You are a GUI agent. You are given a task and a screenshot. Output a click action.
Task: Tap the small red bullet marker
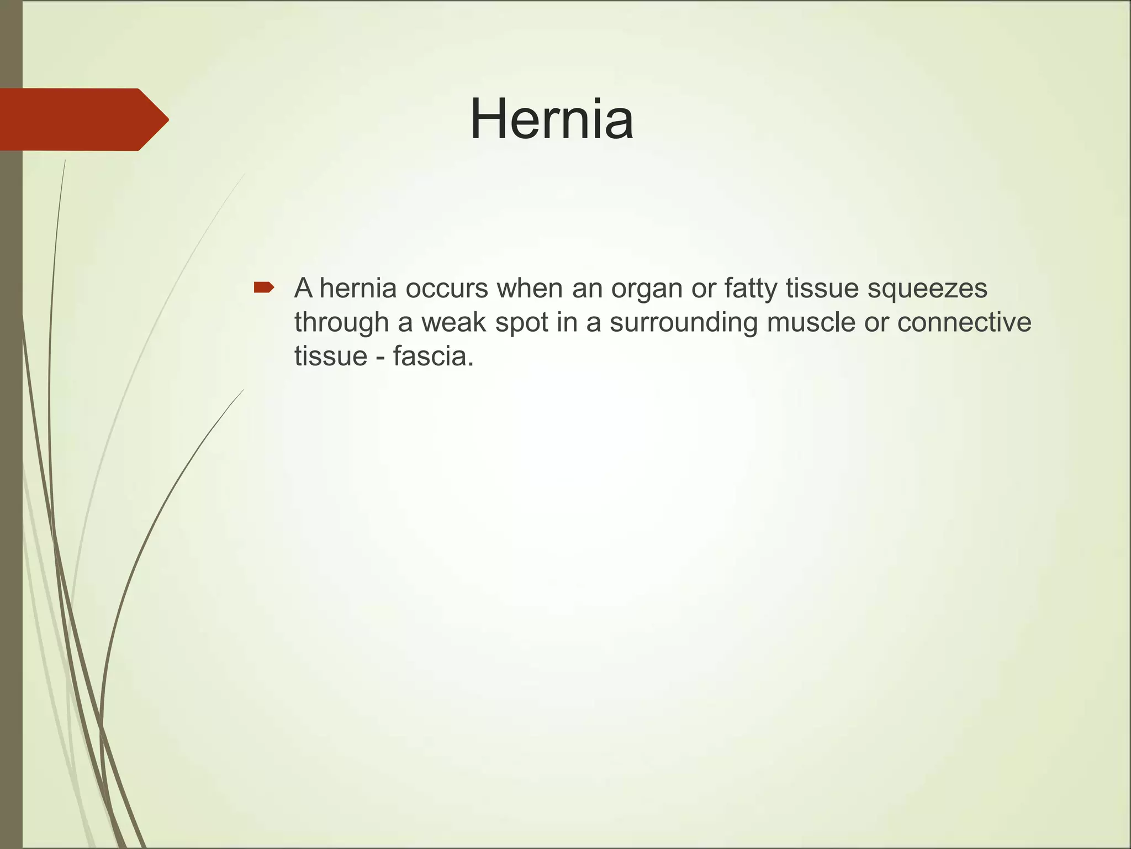263,287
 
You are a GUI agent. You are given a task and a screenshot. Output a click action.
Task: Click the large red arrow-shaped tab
83,119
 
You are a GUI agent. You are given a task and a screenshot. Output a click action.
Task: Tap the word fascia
434,356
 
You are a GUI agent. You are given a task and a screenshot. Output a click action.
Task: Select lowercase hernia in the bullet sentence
358,289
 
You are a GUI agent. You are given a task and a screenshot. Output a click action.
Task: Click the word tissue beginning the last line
330,356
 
